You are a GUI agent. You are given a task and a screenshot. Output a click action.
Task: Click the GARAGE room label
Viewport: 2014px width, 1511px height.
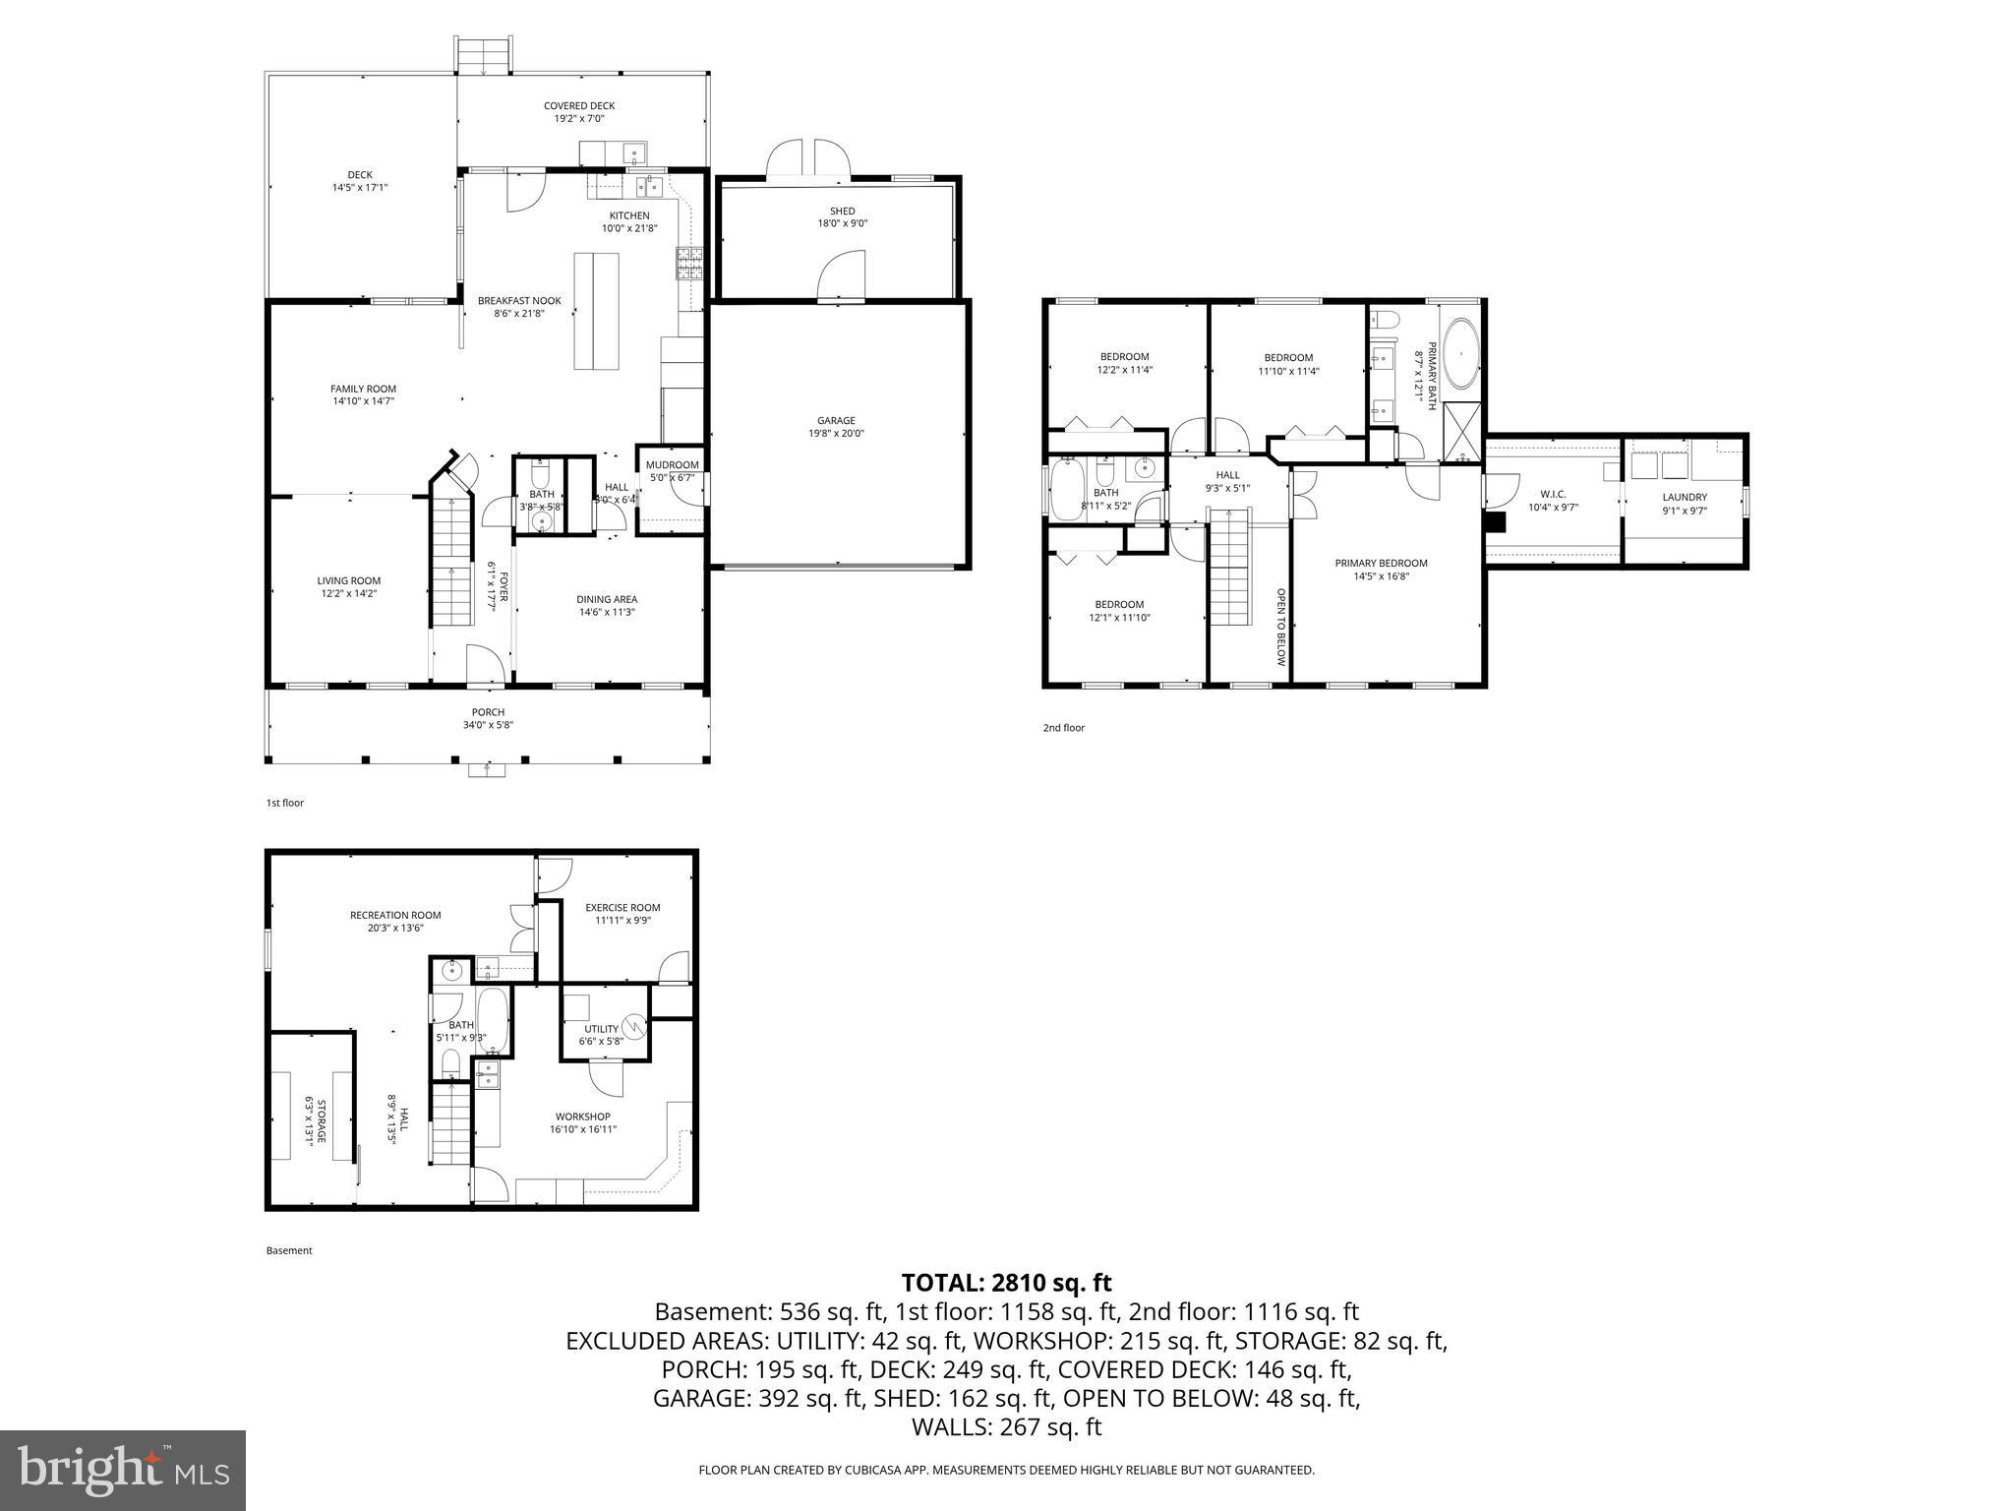(x=836, y=421)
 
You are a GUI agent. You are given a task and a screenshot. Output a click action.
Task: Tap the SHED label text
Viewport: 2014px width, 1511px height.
(x=842, y=212)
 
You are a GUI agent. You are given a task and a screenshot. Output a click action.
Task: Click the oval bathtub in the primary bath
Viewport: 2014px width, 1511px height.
(x=1461, y=353)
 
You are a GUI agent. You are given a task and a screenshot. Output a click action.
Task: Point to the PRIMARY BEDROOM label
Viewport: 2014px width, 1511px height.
(x=1381, y=564)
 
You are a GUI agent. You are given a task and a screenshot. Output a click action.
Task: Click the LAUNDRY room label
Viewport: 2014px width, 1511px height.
(x=1685, y=498)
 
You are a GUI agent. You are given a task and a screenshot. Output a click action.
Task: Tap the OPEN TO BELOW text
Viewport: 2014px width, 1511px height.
(x=1280, y=628)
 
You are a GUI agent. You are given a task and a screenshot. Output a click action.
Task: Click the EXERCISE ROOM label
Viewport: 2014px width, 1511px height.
(x=622, y=908)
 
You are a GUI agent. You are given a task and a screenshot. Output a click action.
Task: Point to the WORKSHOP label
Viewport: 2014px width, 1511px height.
(x=582, y=1117)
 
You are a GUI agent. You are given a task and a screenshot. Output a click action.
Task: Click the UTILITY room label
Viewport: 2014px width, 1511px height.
(x=601, y=1029)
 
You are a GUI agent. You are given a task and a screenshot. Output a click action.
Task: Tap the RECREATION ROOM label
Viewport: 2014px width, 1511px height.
(x=395, y=915)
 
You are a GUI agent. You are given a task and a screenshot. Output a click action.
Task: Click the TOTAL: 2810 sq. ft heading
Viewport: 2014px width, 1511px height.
(x=1006, y=1283)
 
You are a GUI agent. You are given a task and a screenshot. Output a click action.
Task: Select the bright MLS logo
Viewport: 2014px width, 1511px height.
(x=122, y=1470)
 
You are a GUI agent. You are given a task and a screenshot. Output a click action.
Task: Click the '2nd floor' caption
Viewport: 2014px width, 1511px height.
(x=1063, y=728)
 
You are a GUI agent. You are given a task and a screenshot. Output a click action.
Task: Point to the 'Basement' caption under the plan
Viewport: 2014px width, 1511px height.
(x=288, y=1250)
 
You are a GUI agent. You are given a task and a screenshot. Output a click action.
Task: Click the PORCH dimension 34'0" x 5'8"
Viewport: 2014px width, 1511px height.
(x=488, y=725)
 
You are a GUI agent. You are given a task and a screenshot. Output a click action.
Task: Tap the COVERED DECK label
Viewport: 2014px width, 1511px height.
(x=579, y=106)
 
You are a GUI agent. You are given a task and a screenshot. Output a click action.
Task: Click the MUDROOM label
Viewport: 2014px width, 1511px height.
(x=672, y=465)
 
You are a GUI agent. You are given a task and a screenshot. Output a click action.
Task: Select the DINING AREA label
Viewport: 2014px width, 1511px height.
(x=607, y=599)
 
